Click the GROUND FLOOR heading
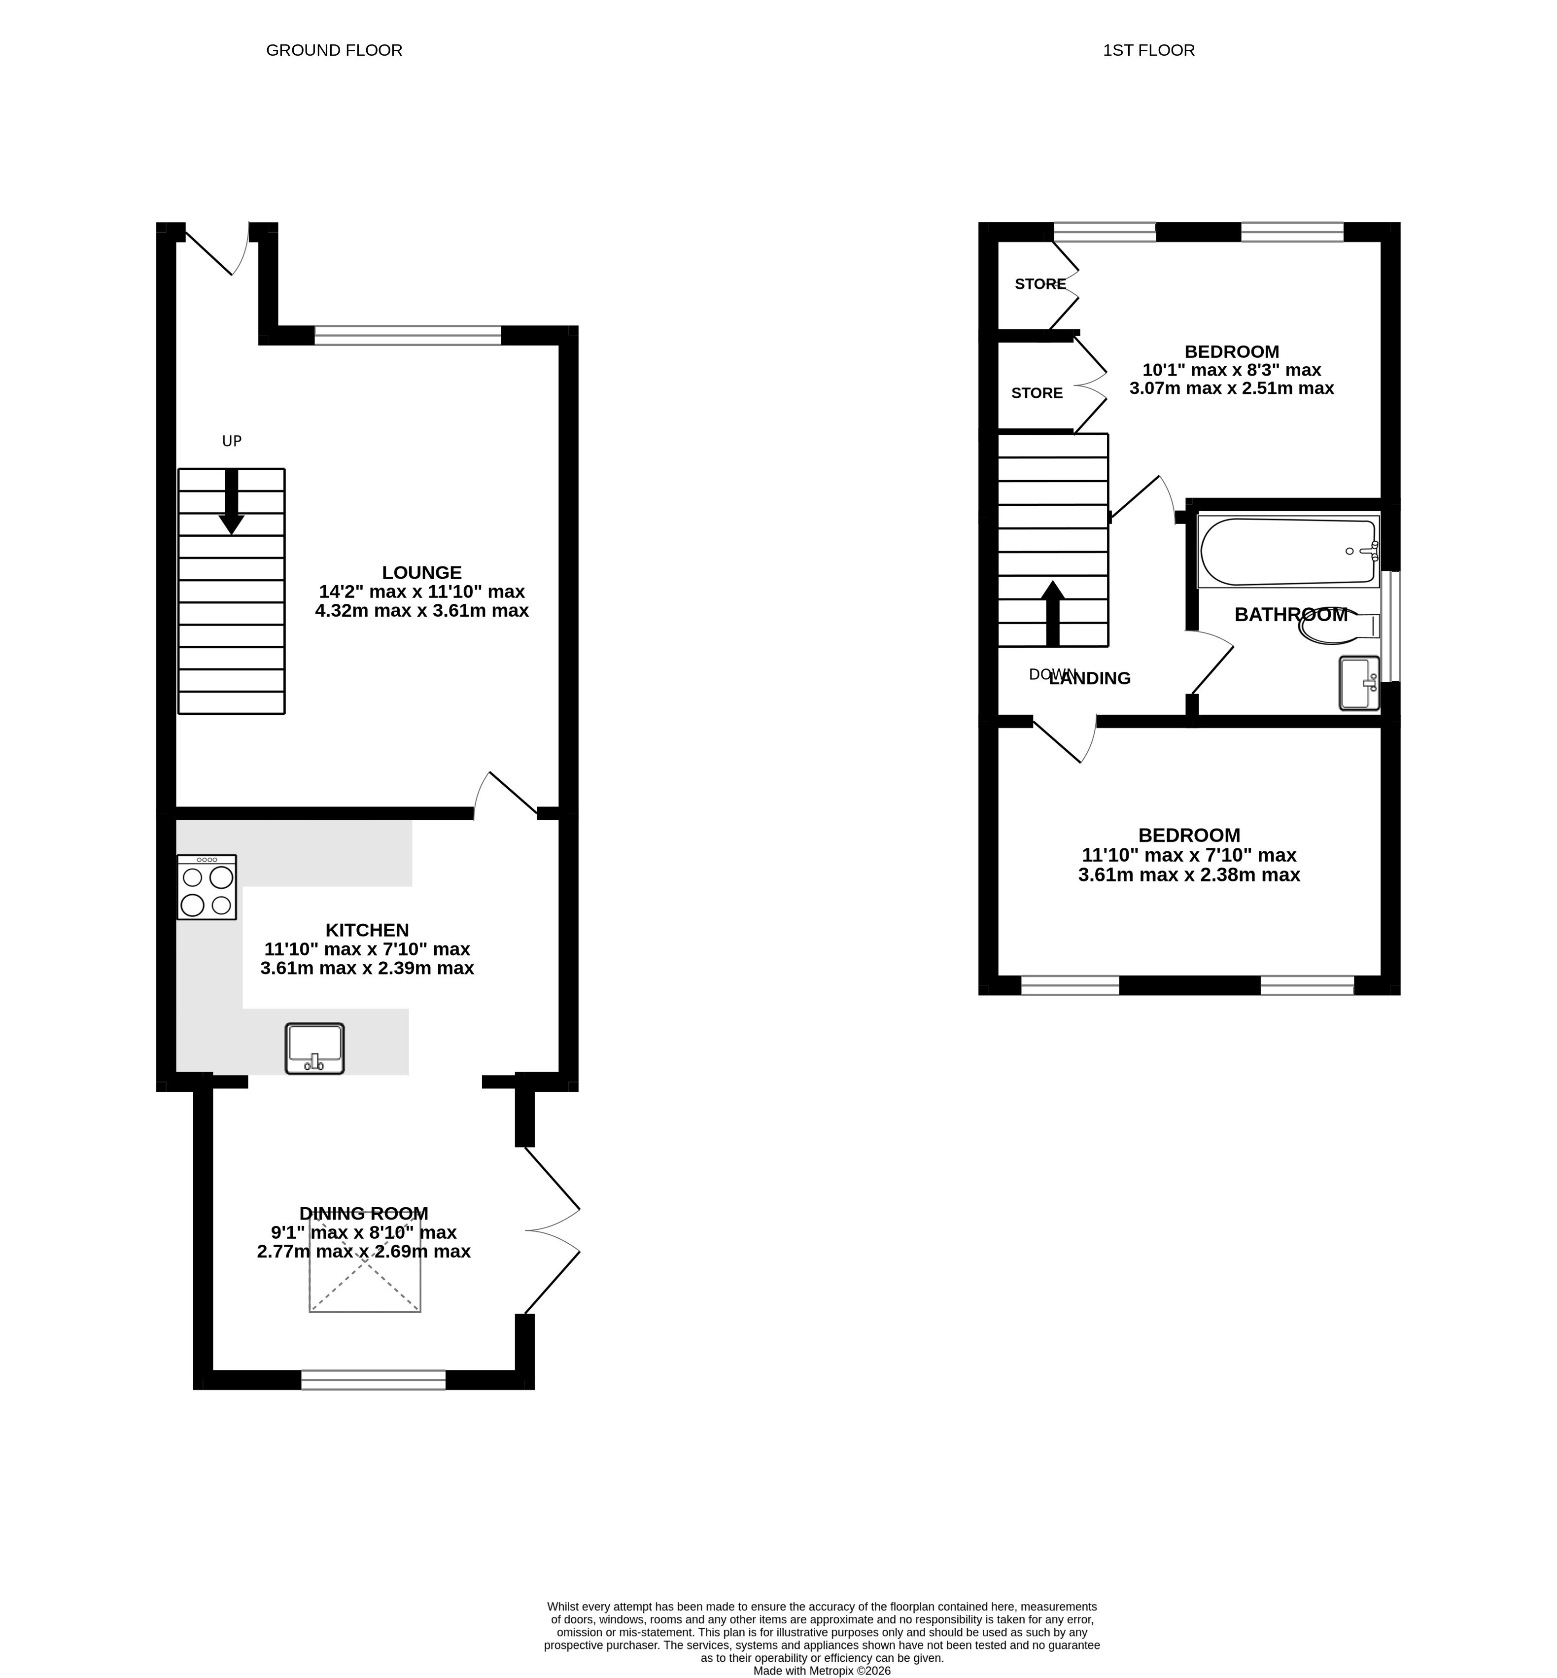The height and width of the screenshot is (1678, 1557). click(x=335, y=51)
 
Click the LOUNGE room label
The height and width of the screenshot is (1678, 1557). click(x=422, y=573)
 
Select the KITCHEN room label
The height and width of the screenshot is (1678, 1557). click(x=367, y=931)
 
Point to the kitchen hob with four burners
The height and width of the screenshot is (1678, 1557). click(x=207, y=887)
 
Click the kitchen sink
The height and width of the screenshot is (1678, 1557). click(x=315, y=1049)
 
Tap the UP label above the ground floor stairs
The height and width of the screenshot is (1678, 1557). click(x=232, y=441)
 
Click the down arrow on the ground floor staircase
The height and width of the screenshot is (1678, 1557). click(x=232, y=501)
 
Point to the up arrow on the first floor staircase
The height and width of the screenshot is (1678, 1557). click(x=1052, y=614)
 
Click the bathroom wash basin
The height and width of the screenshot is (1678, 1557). click(x=1359, y=684)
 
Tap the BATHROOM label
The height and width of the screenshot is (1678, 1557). click(x=1291, y=615)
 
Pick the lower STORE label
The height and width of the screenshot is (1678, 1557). click(x=1037, y=393)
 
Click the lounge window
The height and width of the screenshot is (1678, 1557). click(x=408, y=335)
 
